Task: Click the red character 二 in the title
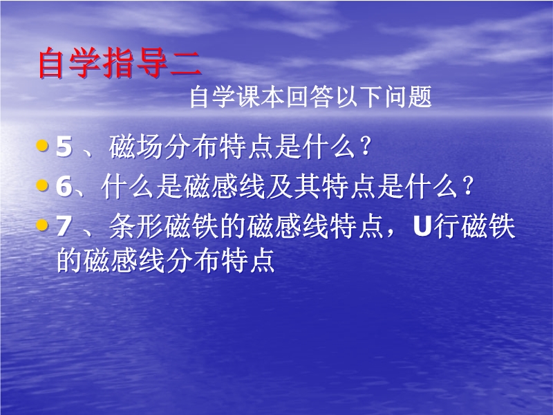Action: point(186,64)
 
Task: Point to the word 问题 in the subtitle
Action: point(408,97)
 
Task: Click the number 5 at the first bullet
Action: point(64,147)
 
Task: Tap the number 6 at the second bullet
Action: point(64,186)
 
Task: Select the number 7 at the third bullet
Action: point(64,226)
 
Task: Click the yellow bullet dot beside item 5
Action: point(42,145)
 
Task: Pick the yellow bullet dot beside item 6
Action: point(42,185)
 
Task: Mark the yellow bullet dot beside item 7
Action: point(42,225)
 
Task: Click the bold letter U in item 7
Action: point(422,226)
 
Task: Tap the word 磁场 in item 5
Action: point(135,147)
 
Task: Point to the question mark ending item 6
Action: point(467,186)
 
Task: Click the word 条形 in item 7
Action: point(135,226)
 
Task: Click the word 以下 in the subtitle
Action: point(359,97)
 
